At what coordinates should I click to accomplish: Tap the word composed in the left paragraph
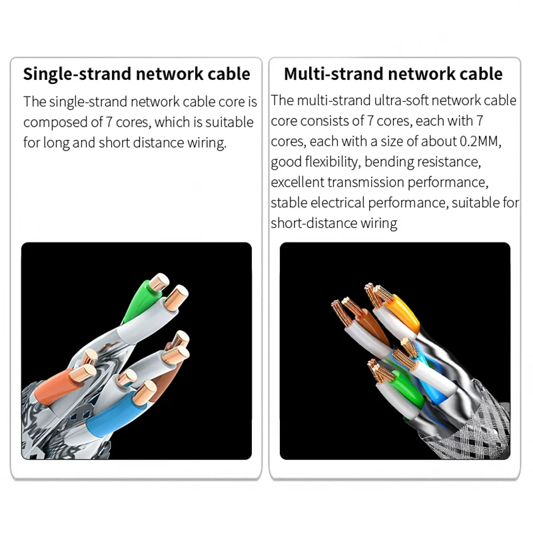coord(55,123)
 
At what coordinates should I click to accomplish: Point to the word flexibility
coord(326,162)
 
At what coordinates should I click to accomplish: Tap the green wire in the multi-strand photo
coord(402,393)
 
